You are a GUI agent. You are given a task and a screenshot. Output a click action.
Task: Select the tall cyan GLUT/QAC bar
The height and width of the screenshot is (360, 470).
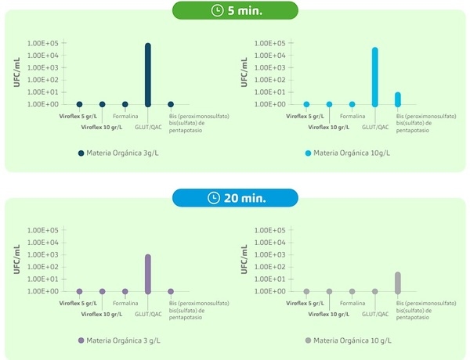(375, 77)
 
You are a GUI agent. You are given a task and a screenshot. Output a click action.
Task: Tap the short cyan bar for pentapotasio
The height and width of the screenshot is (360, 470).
(398, 99)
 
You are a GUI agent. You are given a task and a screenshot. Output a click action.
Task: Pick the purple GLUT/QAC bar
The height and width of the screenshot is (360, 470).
(148, 273)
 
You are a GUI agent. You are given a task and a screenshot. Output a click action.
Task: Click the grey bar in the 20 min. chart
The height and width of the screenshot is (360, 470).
(398, 283)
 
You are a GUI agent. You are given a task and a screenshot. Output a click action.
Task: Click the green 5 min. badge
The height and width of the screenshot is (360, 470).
(236, 11)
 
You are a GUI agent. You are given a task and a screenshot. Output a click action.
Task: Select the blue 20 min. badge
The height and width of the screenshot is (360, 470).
(236, 197)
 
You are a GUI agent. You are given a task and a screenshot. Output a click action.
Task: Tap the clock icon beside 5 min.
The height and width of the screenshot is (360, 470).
(217, 11)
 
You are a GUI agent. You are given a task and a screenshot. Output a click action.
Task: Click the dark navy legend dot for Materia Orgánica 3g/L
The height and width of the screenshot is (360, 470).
(81, 153)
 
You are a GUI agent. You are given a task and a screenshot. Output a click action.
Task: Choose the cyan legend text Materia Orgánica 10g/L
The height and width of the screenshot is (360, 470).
(352, 153)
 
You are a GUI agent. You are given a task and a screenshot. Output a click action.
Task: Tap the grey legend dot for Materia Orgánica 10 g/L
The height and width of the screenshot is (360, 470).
(308, 340)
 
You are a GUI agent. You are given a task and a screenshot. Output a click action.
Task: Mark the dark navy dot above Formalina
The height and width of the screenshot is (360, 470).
(125, 104)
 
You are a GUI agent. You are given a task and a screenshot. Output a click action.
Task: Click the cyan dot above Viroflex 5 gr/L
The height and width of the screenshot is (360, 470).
(307, 104)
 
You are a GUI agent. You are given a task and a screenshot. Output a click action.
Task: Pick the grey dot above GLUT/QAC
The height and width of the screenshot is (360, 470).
(375, 291)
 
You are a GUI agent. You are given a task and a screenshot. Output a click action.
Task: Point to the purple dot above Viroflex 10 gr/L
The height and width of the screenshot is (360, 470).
(102, 291)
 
